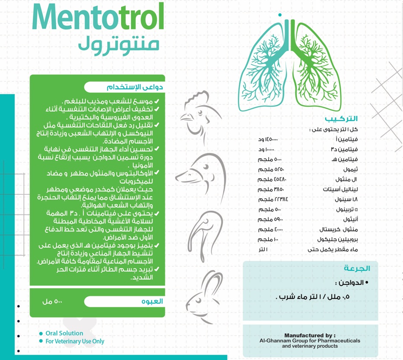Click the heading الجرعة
point(359,268)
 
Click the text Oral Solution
point(64,333)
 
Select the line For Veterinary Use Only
point(75,341)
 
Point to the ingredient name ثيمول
point(345,169)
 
